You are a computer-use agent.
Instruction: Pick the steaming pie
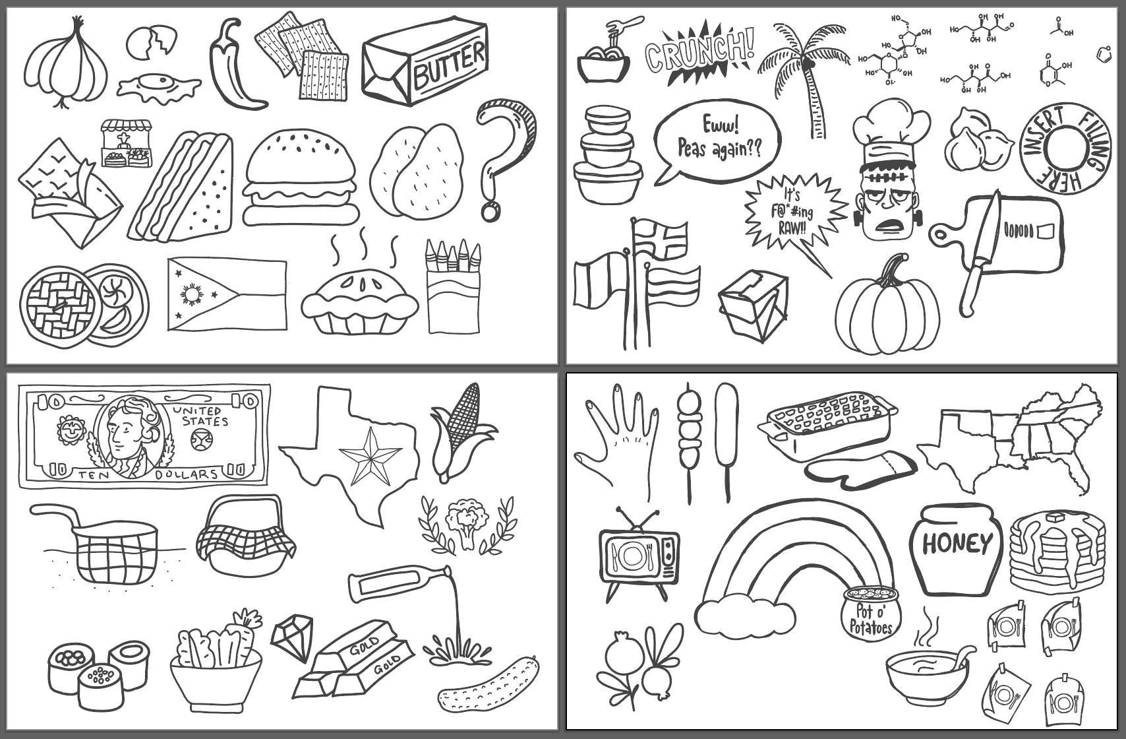[x=359, y=300]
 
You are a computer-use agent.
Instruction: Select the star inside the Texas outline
[x=370, y=455]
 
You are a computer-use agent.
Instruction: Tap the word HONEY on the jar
[x=956, y=544]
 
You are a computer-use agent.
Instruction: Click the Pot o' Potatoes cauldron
[x=870, y=614]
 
